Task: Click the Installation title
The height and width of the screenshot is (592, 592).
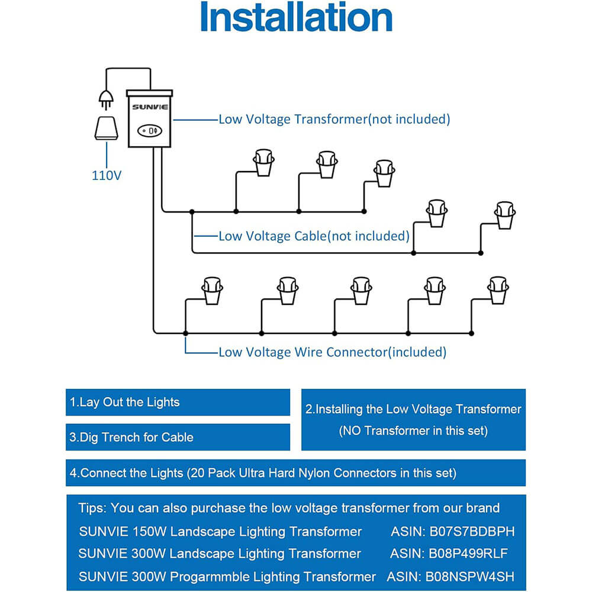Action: point(296,18)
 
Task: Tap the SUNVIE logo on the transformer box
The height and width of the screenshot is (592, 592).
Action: point(150,107)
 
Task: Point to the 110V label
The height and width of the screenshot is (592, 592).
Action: point(107,175)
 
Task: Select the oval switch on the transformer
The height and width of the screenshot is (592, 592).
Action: point(150,130)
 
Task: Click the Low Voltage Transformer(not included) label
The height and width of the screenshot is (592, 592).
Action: point(334,119)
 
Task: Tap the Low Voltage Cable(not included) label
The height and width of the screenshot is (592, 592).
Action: point(314,236)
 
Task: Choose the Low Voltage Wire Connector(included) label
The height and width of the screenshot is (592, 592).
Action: point(332,352)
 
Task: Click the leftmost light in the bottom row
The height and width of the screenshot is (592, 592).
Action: point(212,290)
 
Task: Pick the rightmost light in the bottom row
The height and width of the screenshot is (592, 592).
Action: point(498,290)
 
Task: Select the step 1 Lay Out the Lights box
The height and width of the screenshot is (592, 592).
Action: point(178,403)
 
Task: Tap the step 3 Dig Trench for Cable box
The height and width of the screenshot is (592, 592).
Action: point(178,437)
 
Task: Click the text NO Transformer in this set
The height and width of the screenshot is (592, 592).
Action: point(413,431)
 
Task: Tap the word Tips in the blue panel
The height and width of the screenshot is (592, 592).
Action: point(92,508)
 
